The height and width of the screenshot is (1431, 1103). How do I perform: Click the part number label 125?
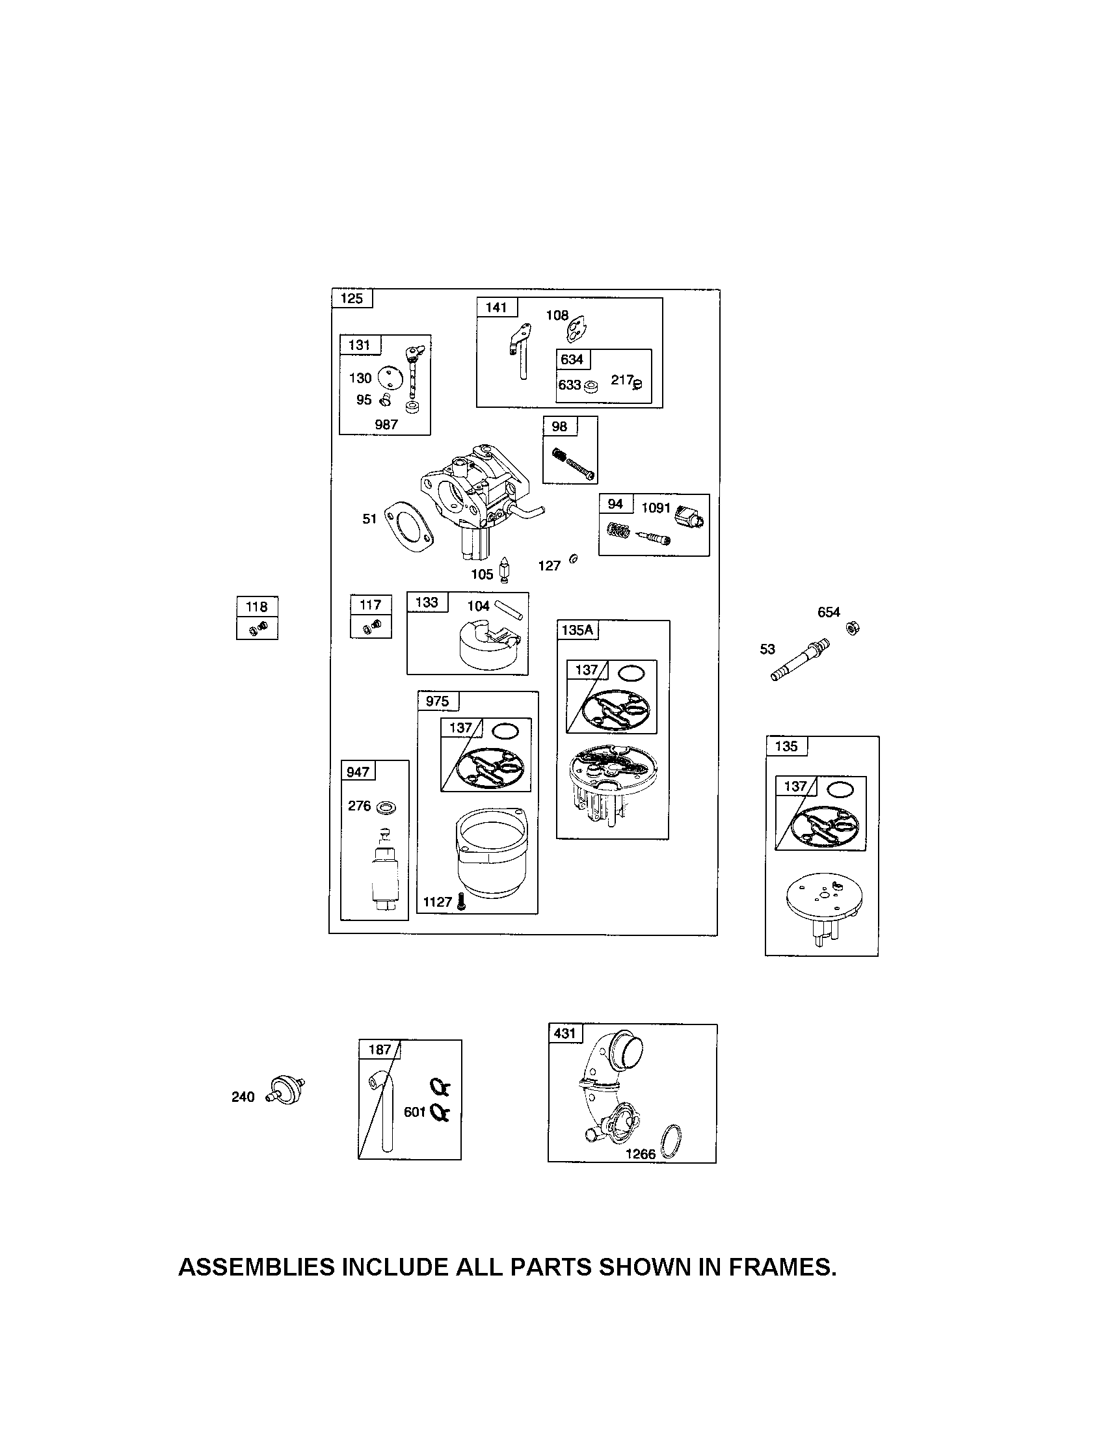coord(352,299)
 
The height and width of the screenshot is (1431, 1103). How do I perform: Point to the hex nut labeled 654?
coord(853,628)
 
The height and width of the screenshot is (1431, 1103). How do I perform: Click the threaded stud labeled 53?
coord(801,660)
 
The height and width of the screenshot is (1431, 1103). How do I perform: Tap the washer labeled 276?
coord(386,807)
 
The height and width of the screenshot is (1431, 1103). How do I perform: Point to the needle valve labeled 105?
coord(505,570)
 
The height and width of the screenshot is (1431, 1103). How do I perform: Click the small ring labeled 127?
coord(574,558)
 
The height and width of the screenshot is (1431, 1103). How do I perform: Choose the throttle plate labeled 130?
coord(390,377)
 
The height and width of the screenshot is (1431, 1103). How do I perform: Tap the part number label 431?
coord(564,1034)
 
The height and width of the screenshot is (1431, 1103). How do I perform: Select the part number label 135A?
coord(577,630)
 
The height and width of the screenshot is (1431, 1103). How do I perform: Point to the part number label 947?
coord(358,772)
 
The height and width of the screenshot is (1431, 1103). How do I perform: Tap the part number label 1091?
coord(656,507)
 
